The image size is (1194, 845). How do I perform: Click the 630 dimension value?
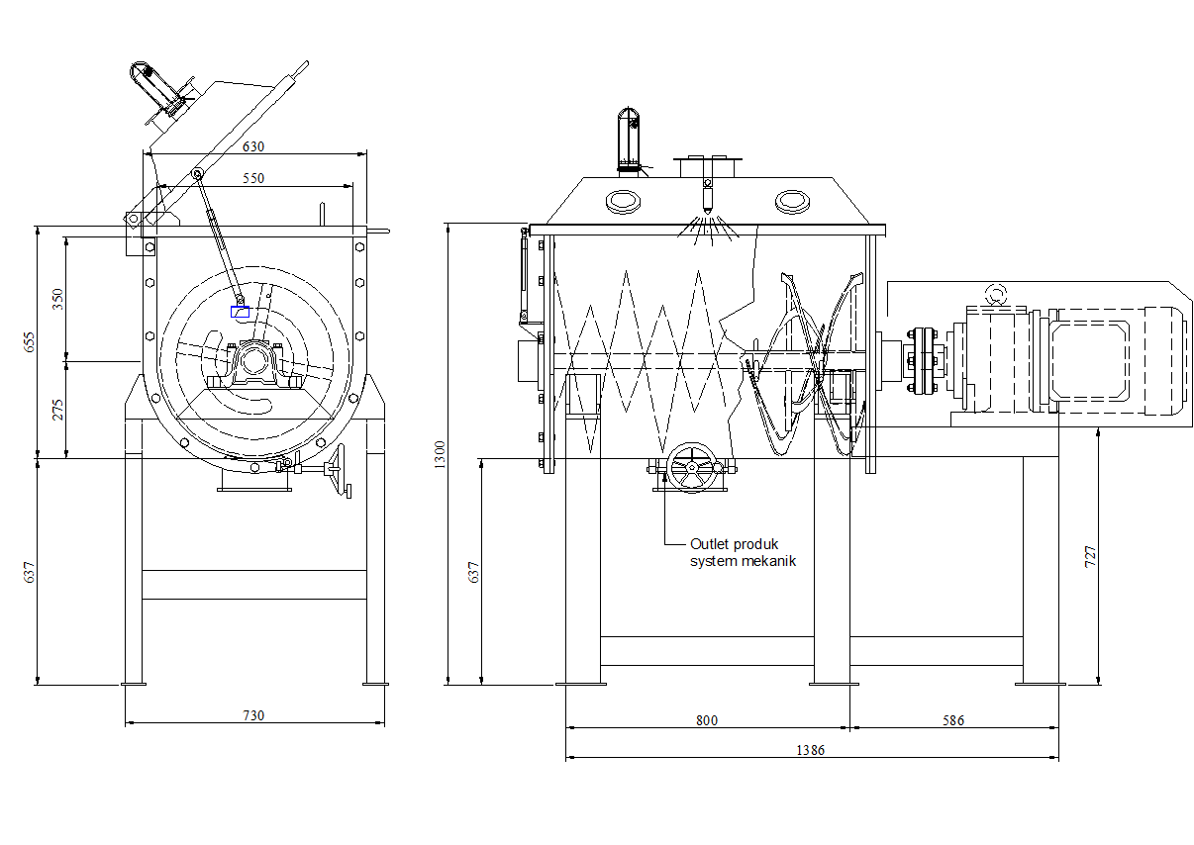(x=253, y=146)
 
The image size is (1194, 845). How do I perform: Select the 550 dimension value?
(x=253, y=178)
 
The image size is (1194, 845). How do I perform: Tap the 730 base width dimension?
(x=253, y=715)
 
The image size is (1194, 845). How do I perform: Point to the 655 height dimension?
(x=30, y=342)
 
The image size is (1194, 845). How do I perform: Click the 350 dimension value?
(x=57, y=299)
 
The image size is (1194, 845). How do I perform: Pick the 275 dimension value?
(x=57, y=410)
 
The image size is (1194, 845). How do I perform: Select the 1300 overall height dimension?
(x=440, y=454)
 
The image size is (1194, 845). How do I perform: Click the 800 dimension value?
(x=707, y=720)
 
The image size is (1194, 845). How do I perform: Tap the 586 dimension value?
(x=953, y=720)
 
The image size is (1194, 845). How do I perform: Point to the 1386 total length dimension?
(x=810, y=750)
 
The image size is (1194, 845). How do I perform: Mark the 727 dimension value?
(x=1091, y=556)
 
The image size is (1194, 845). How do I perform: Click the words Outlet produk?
(x=734, y=544)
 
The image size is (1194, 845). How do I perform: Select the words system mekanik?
(x=744, y=561)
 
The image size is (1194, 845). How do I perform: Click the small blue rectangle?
(x=240, y=312)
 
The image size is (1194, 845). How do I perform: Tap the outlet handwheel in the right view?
(x=692, y=467)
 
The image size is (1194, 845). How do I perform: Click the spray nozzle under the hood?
(x=707, y=197)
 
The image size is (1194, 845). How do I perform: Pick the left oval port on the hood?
(x=623, y=202)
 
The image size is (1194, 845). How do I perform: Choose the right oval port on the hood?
(x=792, y=202)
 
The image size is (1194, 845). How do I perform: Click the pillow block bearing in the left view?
(x=254, y=364)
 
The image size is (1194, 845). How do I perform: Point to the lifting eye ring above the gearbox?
(x=995, y=294)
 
